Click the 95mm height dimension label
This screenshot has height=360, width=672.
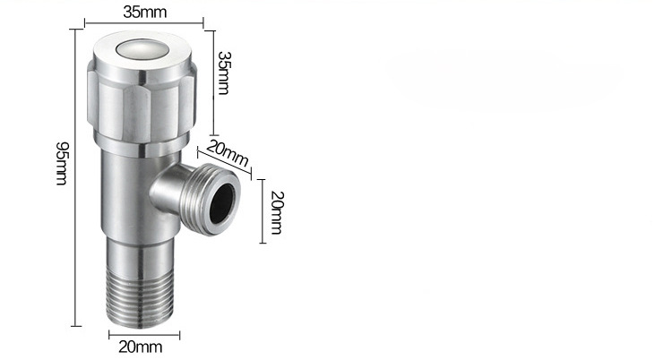click(x=61, y=163)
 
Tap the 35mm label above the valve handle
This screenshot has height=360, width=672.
click(x=144, y=12)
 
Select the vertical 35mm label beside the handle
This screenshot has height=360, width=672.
click(x=223, y=73)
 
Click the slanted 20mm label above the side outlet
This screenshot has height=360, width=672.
click(x=228, y=153)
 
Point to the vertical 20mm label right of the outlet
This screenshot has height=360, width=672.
click(x=277, y=212)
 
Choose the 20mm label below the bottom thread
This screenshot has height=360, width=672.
click(x=141, y=347)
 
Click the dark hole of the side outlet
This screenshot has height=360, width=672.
click(x=222, y=200)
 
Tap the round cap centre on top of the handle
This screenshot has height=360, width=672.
click(x=142, y=48)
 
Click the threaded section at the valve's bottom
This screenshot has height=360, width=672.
click(x=140, y=298)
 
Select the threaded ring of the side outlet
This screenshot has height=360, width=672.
click(x=210, y=200)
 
